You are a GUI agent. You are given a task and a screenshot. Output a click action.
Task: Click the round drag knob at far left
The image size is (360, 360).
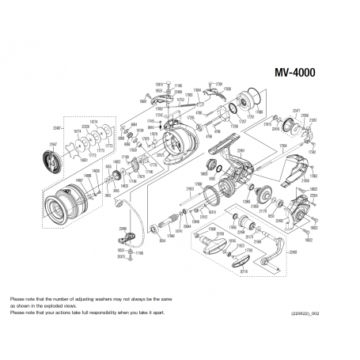tap(51, 157)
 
